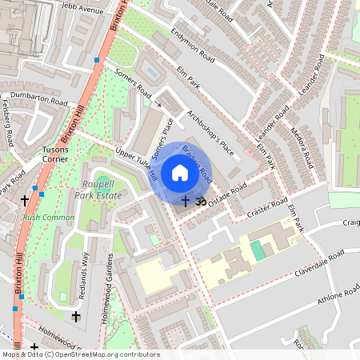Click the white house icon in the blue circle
pos(180,173)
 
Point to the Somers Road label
pos(133,82)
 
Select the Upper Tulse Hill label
pos(135,165)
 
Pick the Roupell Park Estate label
pos(99,189)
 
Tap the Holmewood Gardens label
pos(106,288)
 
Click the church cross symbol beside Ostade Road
pos(186,202)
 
